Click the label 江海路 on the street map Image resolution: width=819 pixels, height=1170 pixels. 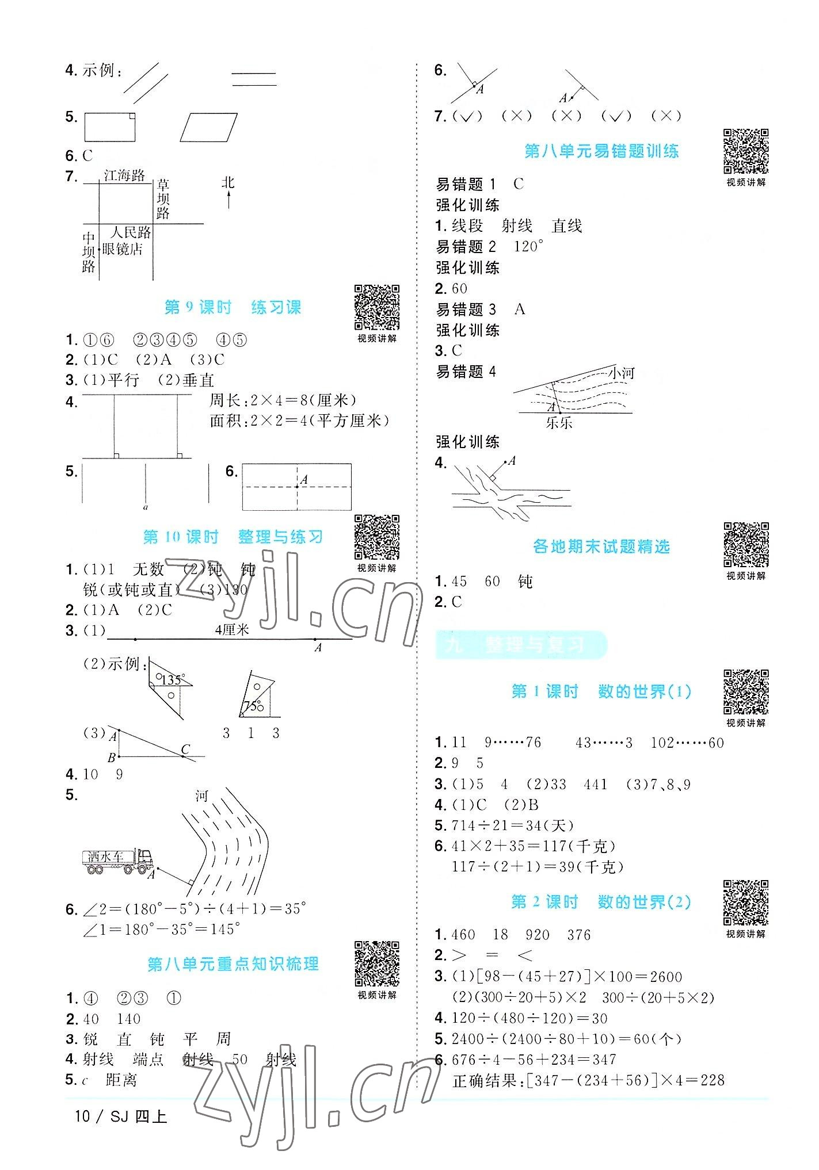click(125, 175)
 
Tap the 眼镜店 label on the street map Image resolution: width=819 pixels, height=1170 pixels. click(123, 250)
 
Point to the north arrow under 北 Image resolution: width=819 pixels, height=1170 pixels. click(229, 200)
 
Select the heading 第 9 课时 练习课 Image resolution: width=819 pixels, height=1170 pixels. click(233, 308)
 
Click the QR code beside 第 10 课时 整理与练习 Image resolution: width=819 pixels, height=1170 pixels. click(377, 537)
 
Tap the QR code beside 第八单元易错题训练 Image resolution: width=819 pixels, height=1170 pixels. click(746, 151)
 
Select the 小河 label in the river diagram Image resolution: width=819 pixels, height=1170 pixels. click(621, 373)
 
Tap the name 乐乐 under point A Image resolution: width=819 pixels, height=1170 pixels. click(559, 423)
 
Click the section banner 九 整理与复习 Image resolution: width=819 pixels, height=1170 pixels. click(520, 645)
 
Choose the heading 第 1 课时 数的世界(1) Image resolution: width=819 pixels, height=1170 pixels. click(601, 691)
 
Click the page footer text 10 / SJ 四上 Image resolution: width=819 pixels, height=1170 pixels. click(121, 1117)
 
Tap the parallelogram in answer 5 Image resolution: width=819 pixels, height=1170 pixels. click(208, 127)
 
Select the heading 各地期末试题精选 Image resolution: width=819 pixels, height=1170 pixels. click(601, 546)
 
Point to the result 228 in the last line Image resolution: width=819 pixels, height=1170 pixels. click(713, 1080)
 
